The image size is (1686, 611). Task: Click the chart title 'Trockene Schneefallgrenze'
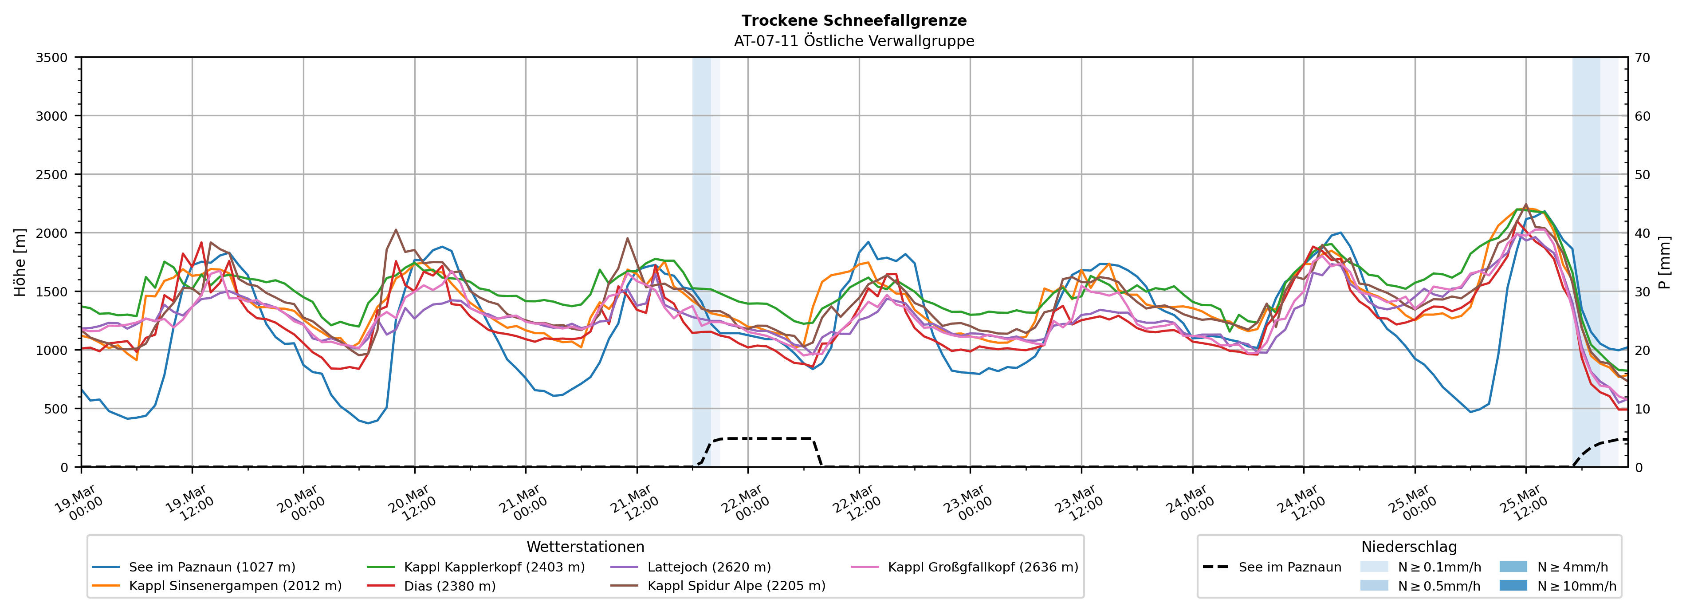853,21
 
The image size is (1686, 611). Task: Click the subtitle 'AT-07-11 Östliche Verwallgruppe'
853,41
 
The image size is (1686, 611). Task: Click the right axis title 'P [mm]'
1664,262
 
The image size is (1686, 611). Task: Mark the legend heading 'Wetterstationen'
585,547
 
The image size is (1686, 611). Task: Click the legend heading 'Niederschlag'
1408,547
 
